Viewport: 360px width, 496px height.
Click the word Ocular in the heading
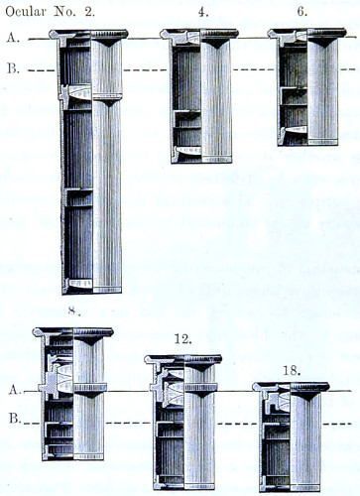point(26,12)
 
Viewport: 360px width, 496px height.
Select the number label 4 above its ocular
point(201,12)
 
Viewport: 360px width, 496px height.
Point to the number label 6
point(301,11)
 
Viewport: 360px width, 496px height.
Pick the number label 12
point(182,339)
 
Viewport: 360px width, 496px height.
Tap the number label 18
point(292,371)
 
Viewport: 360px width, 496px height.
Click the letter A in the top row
point(13,38)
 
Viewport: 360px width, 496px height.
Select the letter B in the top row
point(13,68)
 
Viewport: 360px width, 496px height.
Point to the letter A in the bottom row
point(15,390)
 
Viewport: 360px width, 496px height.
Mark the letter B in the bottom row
point(15,419)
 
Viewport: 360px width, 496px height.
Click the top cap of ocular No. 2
point(88,34)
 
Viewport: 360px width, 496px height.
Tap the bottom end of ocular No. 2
point(91,290)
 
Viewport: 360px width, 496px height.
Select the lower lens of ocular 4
point(188,150)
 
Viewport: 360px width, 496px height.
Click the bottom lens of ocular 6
point(296,129)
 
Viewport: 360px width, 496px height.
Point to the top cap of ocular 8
point(73,332)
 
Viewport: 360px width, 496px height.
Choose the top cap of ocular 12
point(183,359)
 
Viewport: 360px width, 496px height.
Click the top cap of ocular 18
point(291,386)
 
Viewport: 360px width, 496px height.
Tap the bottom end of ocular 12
point(184,486)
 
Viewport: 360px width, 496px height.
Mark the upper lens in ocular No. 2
point(80,92)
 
